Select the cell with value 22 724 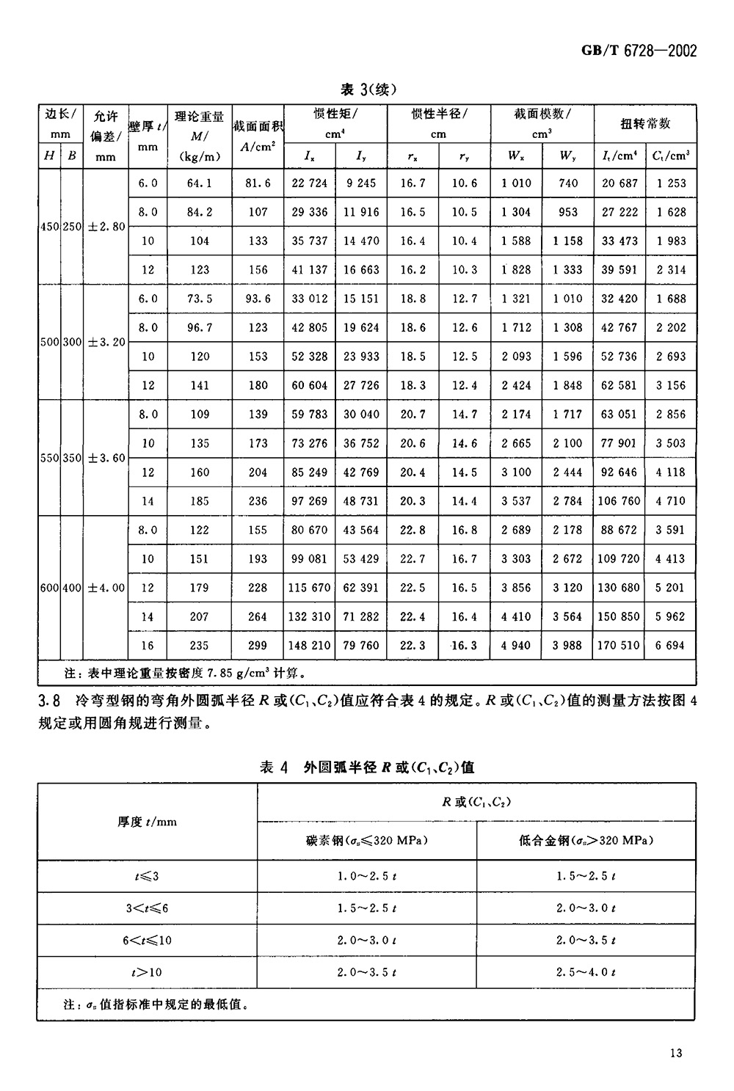[x=309, y=183]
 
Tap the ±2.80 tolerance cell [x=106, y=227]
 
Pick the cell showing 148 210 [x=309, y=646]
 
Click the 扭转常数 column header [x=645, y=124]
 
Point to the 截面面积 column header [x=258, y=127]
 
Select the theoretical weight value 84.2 [x=199, y=212]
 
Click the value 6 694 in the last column [x=671, y=646]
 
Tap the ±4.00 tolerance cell [x=106, y=588]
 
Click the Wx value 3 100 [x=516, y=472]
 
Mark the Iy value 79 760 [x=361, y=646]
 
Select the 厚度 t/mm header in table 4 [x=147, y=822]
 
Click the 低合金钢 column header [x=586, y=841]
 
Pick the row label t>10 [x=147, y=972]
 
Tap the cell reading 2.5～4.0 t [x=586, y=972]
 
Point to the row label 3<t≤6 [x=147, y=908]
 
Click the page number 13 [x=676, y=1053]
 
